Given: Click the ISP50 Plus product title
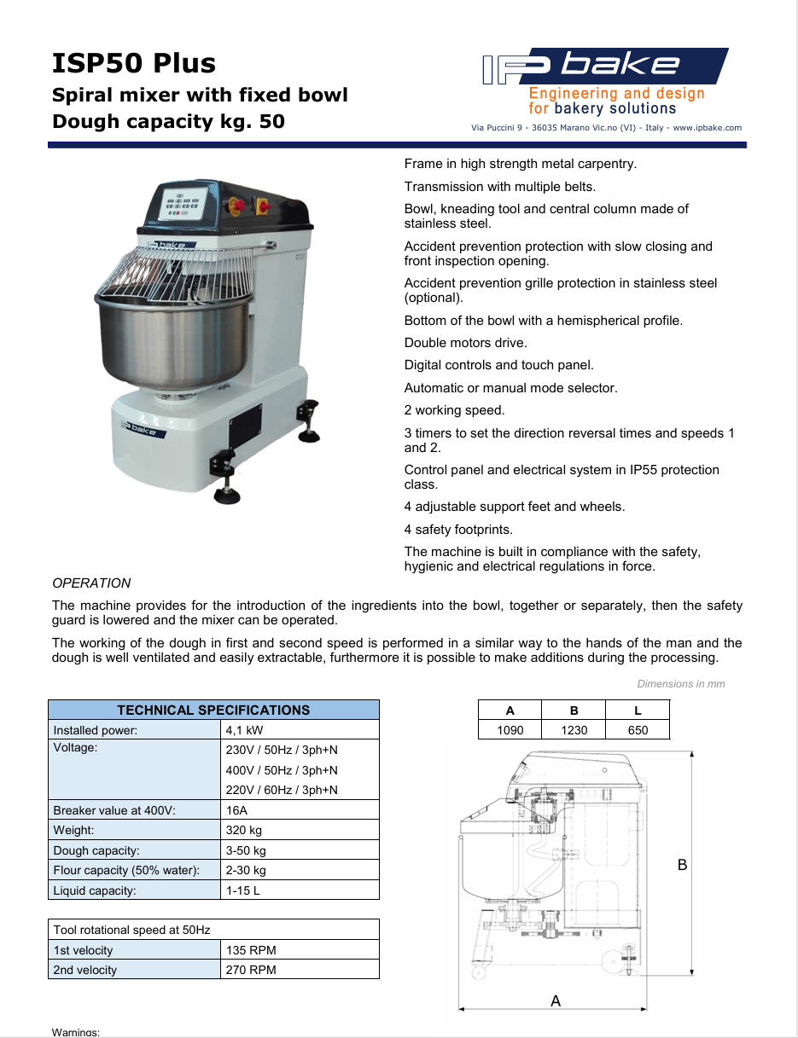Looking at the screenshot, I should [134, 63].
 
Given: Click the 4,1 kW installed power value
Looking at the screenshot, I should [244, 730].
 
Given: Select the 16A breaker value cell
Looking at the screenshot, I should [236, 810].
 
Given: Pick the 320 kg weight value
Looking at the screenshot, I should [244, 830].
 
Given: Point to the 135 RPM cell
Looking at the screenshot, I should [251, 950].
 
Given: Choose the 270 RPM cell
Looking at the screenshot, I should [251, 970].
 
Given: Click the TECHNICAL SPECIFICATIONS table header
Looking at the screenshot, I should [213, 710].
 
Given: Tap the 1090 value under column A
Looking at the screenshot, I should [510, 730].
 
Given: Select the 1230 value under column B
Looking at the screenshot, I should [574, 730].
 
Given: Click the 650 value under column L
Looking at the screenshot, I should [638, 730].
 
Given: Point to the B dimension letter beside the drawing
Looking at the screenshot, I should [682, 865].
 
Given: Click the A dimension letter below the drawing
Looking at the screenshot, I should [556, 1000].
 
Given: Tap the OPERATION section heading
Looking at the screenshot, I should [91, 583].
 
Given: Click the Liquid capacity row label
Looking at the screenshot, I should [95, 890].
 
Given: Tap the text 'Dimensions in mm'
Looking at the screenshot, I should [680, 684].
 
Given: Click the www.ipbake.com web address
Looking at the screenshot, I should [708, 128].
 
